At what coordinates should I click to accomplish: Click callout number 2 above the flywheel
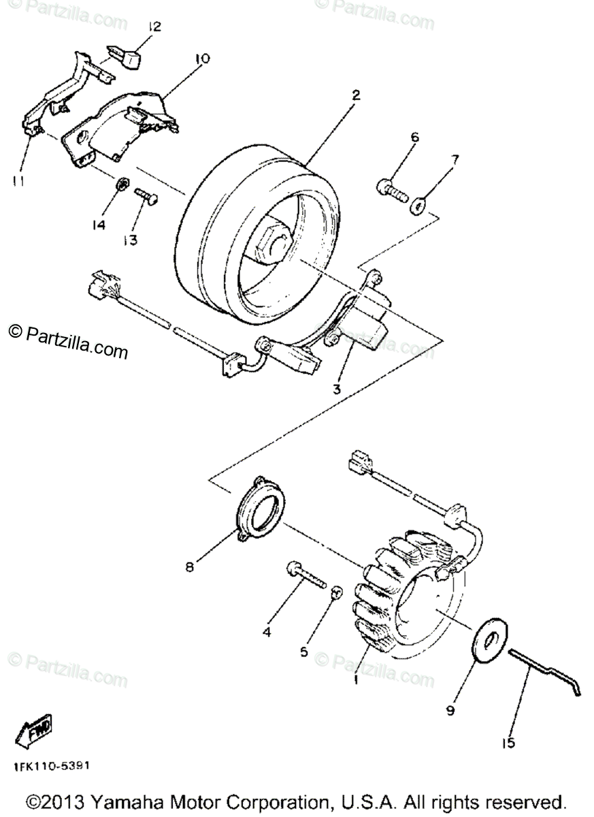click(354, 95)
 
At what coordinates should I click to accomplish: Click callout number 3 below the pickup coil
click(336, 389)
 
